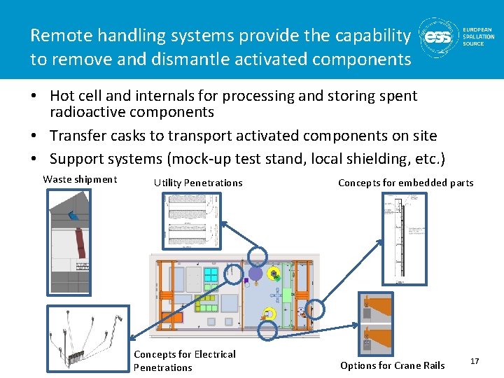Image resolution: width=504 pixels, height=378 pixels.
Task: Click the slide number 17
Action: point(475,360)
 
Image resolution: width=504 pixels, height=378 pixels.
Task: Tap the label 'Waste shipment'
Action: point(80,179)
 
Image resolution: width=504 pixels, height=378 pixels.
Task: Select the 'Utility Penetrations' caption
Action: point(198,183)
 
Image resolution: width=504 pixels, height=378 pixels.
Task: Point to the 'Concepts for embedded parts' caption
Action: point(405,183)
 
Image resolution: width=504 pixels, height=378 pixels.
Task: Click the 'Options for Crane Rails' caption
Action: point(392,365)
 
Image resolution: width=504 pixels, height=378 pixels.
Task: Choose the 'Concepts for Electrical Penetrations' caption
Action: point(184,360)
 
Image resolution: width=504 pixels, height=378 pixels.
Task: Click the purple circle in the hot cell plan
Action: point(256,274)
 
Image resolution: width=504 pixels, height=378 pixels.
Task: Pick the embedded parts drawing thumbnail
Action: point(403,234)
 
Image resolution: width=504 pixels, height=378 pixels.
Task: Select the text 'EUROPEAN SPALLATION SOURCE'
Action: point(478,37)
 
